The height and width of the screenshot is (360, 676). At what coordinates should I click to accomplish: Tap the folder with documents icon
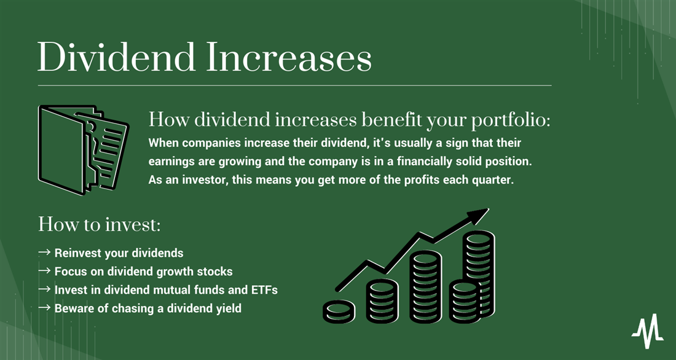point(83,146)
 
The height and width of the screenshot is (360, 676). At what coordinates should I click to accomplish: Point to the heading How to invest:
point(99,224)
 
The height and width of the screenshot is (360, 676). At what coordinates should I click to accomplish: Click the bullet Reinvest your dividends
point(119,253)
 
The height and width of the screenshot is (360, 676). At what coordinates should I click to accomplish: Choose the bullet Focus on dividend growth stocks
point(143,272)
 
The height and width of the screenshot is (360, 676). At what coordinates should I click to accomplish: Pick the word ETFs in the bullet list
point(262,290)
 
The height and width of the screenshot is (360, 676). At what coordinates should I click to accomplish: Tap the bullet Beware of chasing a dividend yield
point(147,308)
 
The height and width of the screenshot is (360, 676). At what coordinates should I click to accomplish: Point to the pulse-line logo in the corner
point(647,331)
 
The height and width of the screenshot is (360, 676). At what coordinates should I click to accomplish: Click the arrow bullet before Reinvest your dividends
point(44,253)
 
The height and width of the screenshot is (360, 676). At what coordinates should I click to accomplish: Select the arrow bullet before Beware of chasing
point(44,308)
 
